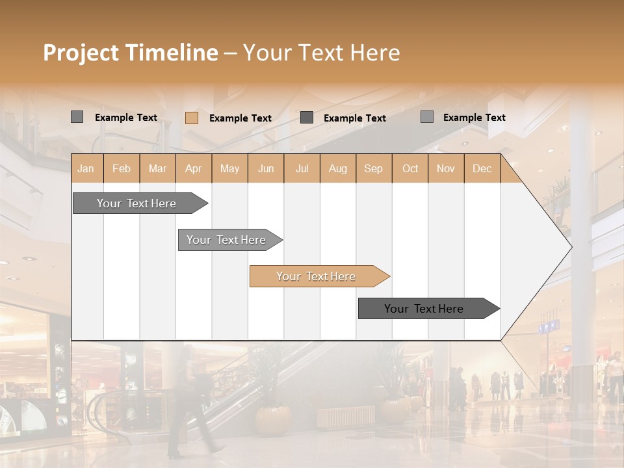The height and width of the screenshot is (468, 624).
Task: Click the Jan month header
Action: (86, 168)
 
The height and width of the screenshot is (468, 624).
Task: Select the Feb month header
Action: (122, 168)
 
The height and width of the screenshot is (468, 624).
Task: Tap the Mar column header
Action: (157, 168)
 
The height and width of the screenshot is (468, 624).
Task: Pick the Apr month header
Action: (194, 168)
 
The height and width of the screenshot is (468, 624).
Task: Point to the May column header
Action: (229, 168)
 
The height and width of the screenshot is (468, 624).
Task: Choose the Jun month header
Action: (266, 168)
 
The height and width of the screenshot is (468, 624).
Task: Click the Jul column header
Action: (302, 168)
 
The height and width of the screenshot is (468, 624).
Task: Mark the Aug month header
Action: (338, 168)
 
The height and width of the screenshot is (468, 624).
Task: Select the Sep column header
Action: (374, 168)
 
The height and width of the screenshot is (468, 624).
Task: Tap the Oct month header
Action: (410, 168)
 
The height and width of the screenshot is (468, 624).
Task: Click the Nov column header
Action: (446, 168)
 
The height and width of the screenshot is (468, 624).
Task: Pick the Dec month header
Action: (482, 168)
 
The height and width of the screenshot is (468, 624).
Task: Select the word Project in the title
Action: (81, 53)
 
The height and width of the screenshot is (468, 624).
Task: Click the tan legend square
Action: (192, 118)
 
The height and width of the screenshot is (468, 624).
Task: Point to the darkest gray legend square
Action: (307, 118)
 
